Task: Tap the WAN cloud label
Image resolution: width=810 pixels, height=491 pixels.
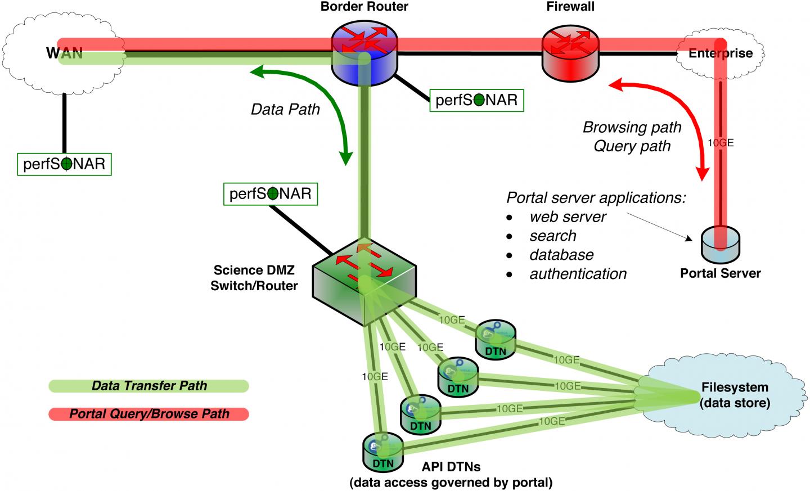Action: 64,53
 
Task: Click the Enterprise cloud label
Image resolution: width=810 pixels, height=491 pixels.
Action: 720,53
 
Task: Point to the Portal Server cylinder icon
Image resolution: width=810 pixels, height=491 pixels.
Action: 720,244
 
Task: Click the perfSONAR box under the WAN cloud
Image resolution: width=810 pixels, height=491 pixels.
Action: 64,164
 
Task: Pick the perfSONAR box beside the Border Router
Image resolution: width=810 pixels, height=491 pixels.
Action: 476,100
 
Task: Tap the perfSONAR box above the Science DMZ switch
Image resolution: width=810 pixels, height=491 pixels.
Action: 270,193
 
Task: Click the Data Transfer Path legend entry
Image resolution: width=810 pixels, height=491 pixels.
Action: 149,386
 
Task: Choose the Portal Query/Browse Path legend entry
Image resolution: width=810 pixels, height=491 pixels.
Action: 149,414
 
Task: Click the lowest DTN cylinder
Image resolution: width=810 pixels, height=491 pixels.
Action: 383,452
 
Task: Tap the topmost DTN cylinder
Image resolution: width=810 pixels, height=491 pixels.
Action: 495,339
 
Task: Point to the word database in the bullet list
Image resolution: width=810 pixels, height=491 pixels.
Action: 561,255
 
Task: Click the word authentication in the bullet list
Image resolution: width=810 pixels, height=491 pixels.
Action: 578,274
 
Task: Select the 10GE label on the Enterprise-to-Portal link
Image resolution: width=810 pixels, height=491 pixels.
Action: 720,143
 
